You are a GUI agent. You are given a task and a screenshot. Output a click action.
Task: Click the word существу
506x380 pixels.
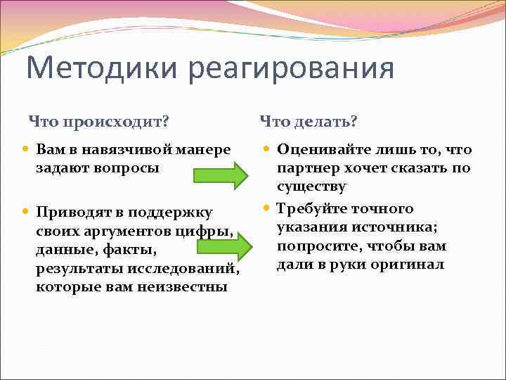pyautogui.click(x=311, y=186)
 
